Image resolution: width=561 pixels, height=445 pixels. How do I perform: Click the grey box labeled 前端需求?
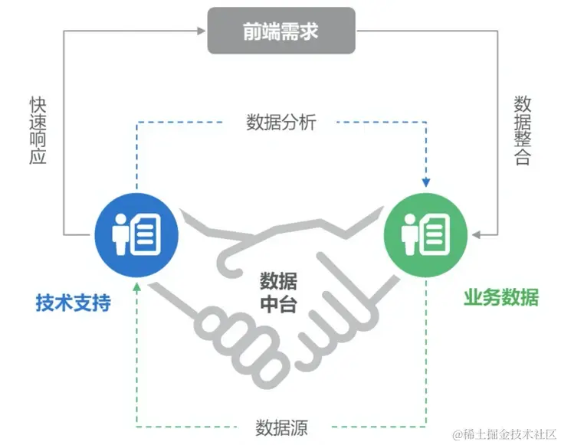282,31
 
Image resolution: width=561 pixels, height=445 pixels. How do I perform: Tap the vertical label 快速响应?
38,129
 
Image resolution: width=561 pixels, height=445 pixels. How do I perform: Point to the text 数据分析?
281,122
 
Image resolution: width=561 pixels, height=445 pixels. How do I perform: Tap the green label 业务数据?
501,298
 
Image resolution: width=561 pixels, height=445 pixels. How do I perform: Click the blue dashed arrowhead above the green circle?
426,183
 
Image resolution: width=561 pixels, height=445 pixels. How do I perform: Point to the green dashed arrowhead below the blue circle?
136,286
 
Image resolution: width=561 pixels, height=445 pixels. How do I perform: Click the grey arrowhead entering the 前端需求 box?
203,31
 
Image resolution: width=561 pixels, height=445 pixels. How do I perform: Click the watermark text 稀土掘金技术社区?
503,434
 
